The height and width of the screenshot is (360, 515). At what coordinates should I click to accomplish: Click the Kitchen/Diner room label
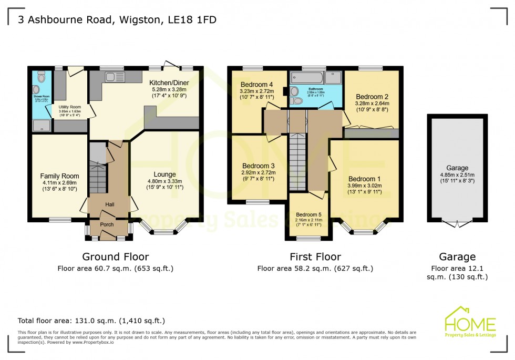click(x=169, y=83)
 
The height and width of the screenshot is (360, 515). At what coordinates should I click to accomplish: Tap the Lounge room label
click(x=164, y=174)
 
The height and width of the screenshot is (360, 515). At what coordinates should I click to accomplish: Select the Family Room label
click(x=59, y=176)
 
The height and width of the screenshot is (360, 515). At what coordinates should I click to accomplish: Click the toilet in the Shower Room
click(x=42, y=77)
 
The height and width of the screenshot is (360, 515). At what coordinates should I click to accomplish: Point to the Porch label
click(x=107, y=224)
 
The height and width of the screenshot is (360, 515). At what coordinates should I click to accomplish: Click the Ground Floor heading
click(x=115, y=257)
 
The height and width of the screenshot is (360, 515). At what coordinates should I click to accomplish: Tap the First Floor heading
click(x=315, y=257)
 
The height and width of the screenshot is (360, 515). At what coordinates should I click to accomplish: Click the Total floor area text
click(x=91, y=321)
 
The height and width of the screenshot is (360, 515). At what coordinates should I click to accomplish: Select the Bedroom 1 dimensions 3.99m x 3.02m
click(x=365, y=186)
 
